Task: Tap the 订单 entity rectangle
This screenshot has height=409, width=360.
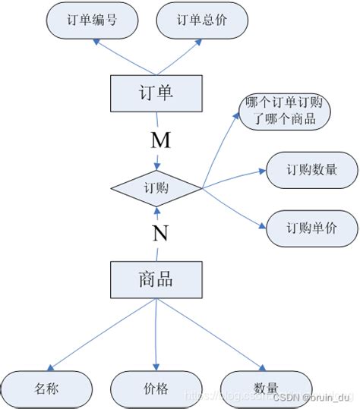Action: coord(156,93)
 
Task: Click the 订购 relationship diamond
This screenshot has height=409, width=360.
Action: coord(156,187)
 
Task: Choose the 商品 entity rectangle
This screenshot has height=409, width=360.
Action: coord(156,280)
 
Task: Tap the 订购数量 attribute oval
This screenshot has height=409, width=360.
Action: coord(311,169)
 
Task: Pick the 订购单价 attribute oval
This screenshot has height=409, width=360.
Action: coord(311,228)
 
